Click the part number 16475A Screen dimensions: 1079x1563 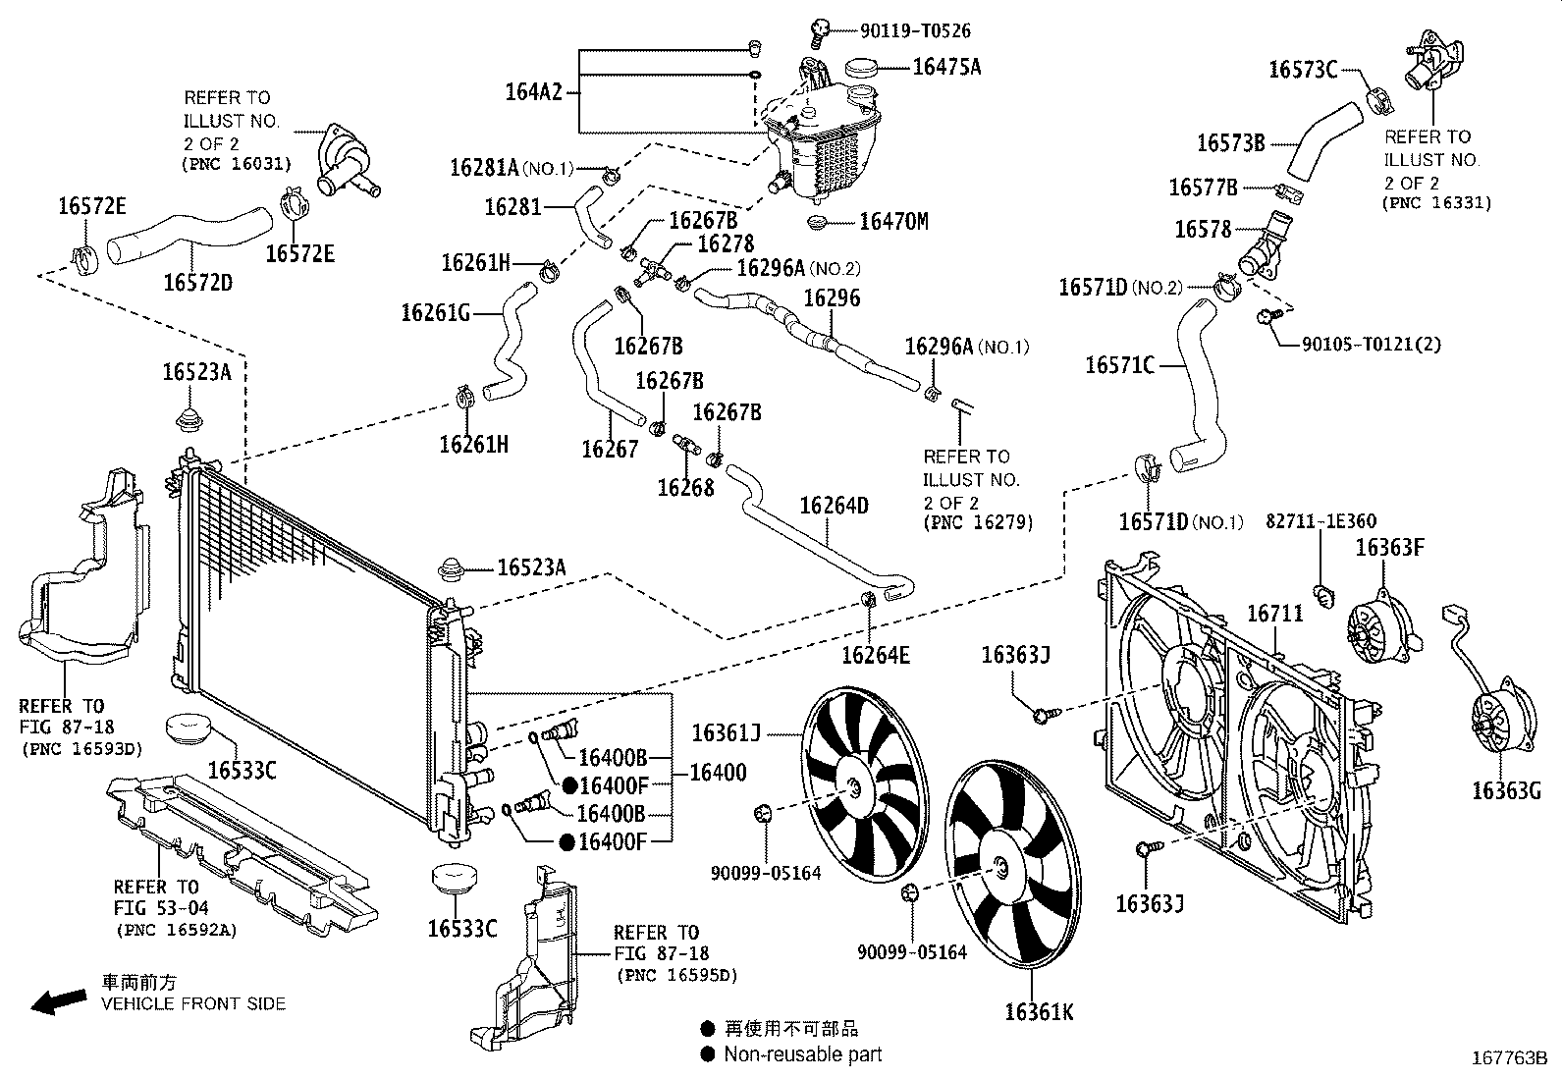click(x=945, y=67)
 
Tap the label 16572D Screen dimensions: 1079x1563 click(x=197, y=283)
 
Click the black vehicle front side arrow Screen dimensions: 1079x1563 click(x=58, y=1000)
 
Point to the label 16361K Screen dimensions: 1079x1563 click(x=1039, y=1011)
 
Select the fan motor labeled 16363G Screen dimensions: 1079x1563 click(x=1494, y=726)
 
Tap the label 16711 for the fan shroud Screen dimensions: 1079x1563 click(x=1274, y=614)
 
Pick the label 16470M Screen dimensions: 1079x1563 click(x=892, y=222)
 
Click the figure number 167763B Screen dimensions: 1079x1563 click(x=1508, y=1057)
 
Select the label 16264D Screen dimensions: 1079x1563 click(x=834, y=506)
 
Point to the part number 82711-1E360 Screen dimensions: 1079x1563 click(x=1320, y=521)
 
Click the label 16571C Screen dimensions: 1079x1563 click(x=1119, y=365)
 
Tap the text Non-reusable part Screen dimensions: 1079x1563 click(x=802, y=1054)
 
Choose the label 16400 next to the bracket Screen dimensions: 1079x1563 click(x=717, y=773)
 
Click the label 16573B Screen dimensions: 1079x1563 click(x=1230, y=142)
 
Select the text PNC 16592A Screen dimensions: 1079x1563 click(x=176, y=930)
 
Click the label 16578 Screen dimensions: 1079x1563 click(x=1203, y=229)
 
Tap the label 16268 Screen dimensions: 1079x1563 click(x=685, y=487)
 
